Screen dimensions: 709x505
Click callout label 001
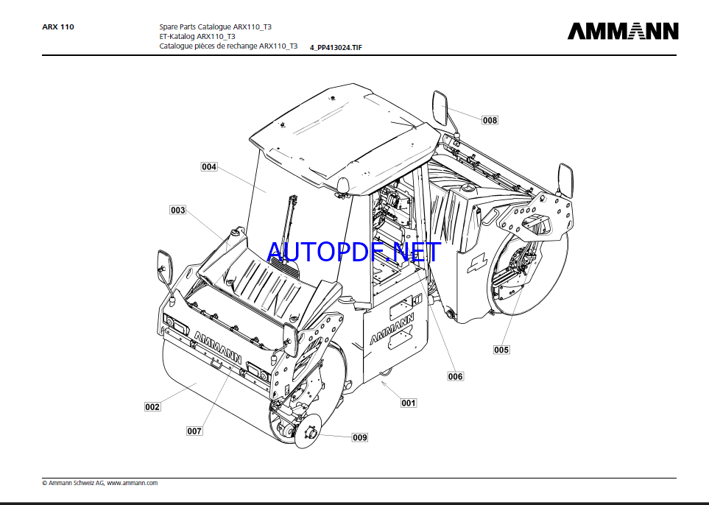409,403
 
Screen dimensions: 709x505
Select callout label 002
152,407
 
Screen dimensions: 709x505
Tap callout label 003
177,211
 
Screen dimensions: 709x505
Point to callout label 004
209,167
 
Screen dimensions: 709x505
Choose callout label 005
501,350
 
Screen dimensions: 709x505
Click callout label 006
455,376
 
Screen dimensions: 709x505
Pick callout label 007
194,431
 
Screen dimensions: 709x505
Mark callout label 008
490,120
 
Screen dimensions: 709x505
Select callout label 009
360,437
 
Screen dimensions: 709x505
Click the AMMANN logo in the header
623,31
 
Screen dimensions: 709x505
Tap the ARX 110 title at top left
58,27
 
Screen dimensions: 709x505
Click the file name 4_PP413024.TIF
336,47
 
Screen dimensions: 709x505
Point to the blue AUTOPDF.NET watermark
354,252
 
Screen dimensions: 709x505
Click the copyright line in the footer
100,483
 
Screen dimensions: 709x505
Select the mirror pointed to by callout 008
440,107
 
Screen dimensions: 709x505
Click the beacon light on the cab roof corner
344,186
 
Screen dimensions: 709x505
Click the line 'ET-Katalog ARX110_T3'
197,36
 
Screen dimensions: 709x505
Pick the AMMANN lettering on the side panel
392,328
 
